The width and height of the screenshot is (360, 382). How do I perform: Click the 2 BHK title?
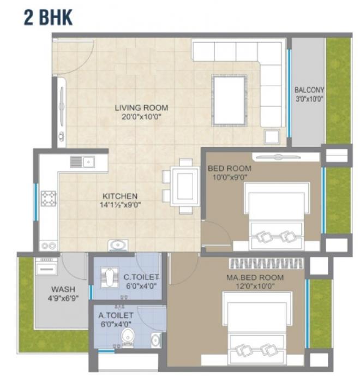pos(47,17)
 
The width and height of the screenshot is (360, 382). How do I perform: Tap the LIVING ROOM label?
pos(141,108)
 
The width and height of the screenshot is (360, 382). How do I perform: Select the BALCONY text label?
pos(309,90)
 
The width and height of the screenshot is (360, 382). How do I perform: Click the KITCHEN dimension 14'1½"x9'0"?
pos(121,205)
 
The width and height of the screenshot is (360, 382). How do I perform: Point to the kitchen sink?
pos(82,162)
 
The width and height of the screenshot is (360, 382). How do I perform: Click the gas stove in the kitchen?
pos(49,198)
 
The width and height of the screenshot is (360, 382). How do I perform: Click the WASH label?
pos(63,289)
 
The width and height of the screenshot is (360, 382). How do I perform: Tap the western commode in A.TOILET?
pos(128,337)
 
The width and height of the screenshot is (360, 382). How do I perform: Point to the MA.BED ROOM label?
pos(255,278)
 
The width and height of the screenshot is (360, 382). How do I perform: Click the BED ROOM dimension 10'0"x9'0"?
pos(229,177)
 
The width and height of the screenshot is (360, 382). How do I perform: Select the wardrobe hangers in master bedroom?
pos(266,264)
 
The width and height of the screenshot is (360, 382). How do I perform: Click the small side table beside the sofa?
pos(271,136)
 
